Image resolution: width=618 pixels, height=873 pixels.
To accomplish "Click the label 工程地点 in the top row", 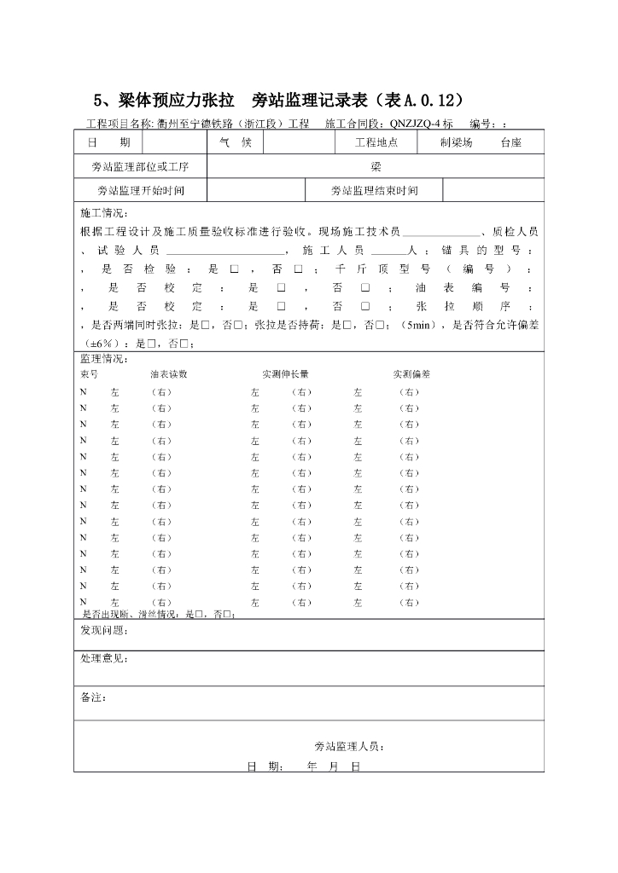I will (x=376, y=142).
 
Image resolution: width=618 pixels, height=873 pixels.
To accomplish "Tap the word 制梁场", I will (x=457, y=142).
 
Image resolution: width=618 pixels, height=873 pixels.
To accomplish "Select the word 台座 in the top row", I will (x=510, y=142).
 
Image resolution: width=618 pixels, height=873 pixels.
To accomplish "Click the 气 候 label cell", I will (x=235, y=142).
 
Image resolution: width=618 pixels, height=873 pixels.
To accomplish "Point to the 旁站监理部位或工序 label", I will (x=141, y=166).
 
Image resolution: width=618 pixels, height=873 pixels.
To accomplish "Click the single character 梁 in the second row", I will (x=376, y=166).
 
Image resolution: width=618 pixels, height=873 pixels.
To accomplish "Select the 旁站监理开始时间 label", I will (x=141, y=191).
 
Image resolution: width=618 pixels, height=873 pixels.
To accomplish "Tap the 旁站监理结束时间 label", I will (x=374, y=191).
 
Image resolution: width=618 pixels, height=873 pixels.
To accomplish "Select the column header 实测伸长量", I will (x=285, y=373).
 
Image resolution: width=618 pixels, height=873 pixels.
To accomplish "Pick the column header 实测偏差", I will (x=411, y=373).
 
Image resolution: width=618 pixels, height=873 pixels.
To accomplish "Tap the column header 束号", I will (x=89, y=373).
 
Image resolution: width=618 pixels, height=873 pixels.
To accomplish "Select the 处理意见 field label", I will (x=104, y=659).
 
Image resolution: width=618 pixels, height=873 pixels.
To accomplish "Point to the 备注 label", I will (x=94, y=697).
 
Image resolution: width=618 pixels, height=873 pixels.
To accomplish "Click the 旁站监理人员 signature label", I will (x=349, y=746).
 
